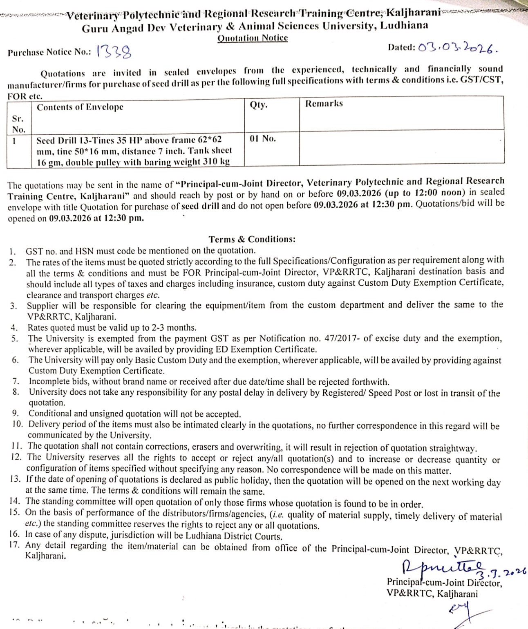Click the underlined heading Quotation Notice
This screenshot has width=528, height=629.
(x=253, y=38)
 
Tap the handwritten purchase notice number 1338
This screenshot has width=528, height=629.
(x=114, y=52)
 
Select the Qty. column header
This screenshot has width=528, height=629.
(x=259, y=105)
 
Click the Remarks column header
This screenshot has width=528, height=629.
(x=324, y=104)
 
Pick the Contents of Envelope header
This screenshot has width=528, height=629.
(x=80, y=107)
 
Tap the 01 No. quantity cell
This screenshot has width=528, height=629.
(x=263, y=139)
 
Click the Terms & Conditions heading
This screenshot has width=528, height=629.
(x=252, y=239)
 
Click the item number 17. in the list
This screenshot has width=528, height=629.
(x=15, y=545)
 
